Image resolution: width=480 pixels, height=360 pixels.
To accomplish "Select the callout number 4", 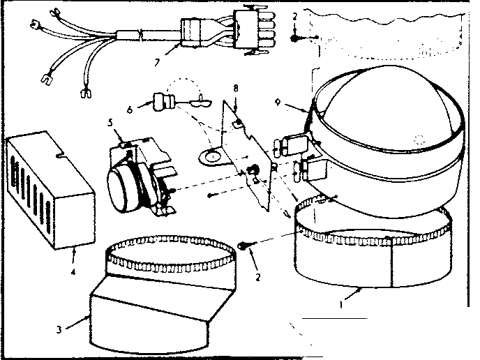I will [x=74, y=252].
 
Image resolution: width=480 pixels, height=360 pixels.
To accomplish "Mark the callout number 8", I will [x=235, y=89].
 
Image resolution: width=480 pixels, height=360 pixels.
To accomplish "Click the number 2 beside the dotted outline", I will [x=294, y=15].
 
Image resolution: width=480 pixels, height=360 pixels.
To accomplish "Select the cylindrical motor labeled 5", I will [x=128, y=183].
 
